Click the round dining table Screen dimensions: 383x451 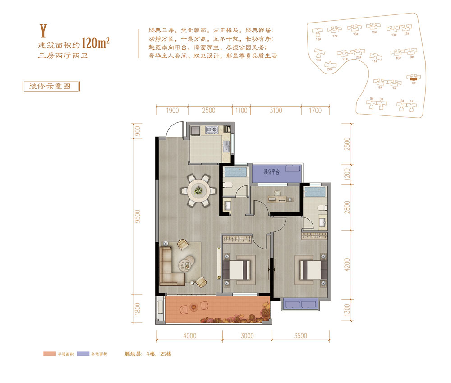point(198,190)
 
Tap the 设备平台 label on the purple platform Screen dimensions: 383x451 point(272,172)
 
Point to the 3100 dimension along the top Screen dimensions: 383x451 point(276,111)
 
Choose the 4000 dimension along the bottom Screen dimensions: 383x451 point(189,336)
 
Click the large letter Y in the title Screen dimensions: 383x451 point(44,30)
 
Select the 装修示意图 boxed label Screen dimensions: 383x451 point(51,86)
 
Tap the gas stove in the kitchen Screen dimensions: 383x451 point(212,130)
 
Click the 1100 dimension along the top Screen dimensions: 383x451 point(241,111)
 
